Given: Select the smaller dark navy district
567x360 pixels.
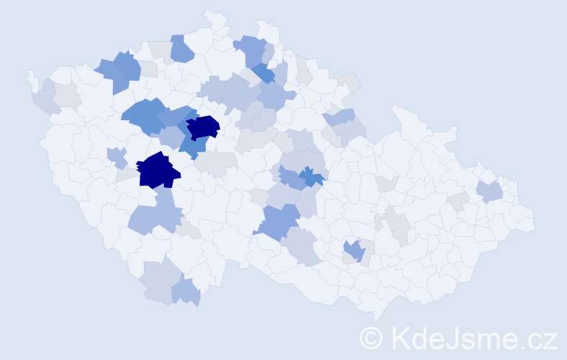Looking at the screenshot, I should (202, 127).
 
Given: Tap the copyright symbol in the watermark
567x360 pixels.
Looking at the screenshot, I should (371, 337).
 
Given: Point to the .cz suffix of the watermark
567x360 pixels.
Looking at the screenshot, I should (537, 337).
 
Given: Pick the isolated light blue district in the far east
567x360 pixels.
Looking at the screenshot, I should (489, 191).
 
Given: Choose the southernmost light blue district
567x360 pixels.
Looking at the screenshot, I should (186, 292).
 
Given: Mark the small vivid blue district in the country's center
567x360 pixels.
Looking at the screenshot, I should (311, 176).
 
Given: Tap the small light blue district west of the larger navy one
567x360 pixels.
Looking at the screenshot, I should (117, 156).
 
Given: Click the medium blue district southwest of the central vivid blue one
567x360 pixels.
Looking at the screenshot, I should (278, 222).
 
